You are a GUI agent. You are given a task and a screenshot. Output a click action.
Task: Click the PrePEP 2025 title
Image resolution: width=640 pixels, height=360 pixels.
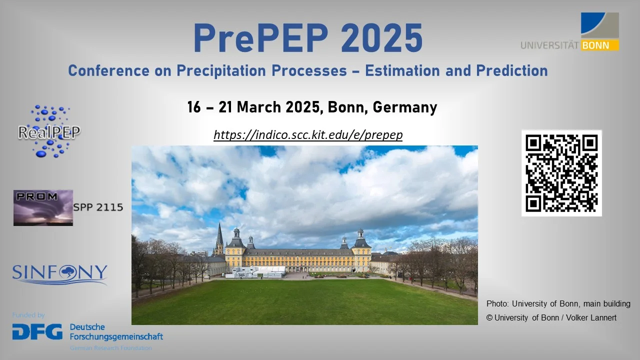coord(307,39)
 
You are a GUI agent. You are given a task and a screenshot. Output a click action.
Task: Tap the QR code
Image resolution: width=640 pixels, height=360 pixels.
coord(561,173)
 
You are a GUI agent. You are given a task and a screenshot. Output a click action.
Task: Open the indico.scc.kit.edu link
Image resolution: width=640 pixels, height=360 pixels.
coord(308,135)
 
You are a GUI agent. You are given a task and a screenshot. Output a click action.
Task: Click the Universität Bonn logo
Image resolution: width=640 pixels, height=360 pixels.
coord(570,32)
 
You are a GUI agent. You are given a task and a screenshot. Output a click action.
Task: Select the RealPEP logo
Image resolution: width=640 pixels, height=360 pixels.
coord(48,131)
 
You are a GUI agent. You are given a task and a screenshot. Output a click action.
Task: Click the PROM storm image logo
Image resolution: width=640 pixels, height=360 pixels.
coord(43,207)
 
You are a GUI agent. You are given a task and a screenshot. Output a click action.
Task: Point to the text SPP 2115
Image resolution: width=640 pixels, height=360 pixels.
coord(98,207)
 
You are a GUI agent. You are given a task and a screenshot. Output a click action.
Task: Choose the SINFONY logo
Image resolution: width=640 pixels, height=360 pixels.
coord(59,274)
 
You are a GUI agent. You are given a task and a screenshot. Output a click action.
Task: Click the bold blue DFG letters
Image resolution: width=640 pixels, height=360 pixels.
coord(37,331)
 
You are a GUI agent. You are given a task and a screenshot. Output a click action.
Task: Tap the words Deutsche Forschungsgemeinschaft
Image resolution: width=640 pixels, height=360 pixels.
coord(116,331)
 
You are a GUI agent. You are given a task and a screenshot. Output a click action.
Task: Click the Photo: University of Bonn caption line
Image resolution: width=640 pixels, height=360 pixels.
coord(558,303)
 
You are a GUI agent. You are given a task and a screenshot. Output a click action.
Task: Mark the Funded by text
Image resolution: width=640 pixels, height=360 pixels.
coord(28,315)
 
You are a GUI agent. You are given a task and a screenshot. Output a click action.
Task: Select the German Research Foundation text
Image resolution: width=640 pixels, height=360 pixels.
coord(110,347)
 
